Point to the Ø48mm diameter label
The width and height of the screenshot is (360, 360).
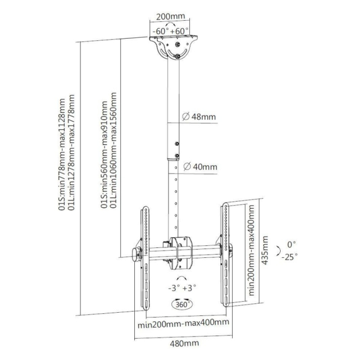point(200,117)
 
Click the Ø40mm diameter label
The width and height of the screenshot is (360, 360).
point(200,167)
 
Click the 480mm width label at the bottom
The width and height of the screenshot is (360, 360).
point(183,343)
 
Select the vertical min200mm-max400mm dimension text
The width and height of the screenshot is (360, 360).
point(252,249)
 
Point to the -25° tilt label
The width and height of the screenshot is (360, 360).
point(289,257)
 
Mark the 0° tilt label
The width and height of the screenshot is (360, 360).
point(292,244)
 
